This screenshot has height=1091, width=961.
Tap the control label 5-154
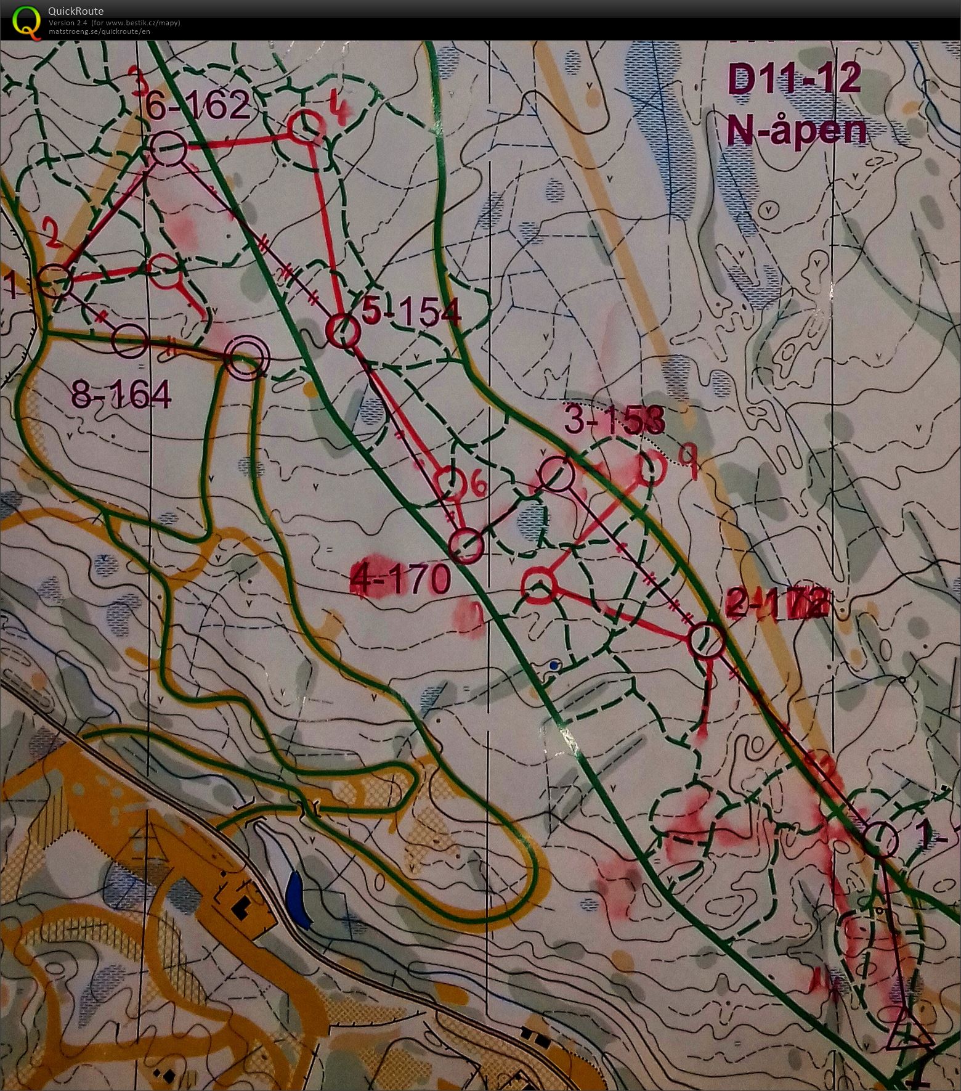click(x=411, y=313)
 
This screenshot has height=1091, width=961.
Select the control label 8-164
click(x=121, y=394)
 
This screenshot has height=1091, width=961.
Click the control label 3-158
click(x=614, y=422)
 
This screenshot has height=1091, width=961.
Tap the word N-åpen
click(x=796, y=130)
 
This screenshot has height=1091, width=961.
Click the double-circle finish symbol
click(x=247, y=358)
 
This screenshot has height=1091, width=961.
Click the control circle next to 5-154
click(x=342, y=332)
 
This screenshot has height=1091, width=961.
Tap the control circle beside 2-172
click(x=705, y=641)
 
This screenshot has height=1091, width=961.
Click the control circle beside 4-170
click(x=466, y=546)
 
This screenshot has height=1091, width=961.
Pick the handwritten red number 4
click(x=337, y=110)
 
